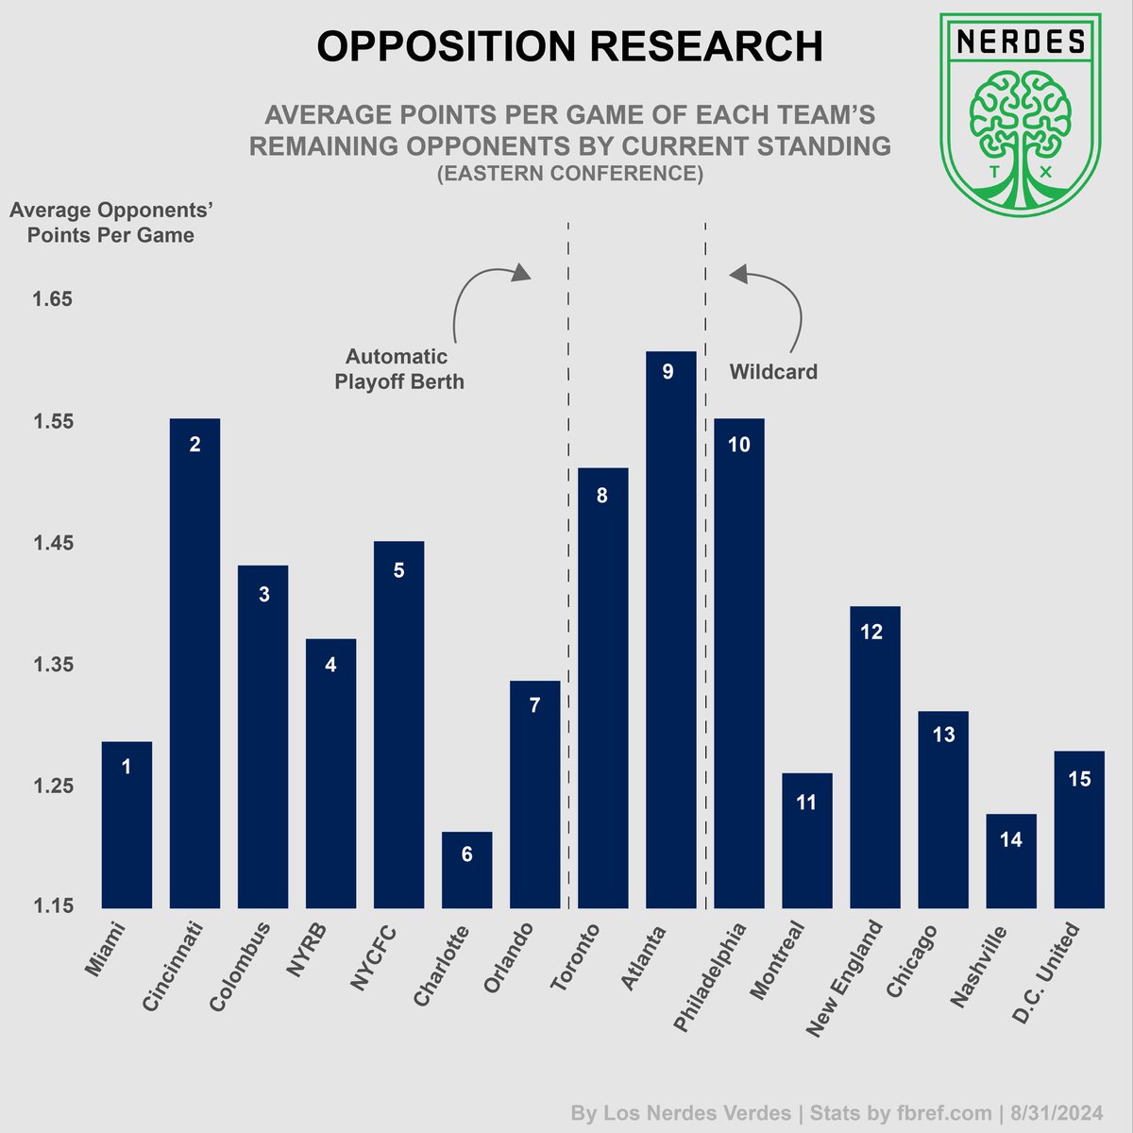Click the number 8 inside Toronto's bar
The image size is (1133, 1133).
(x=602, y=496)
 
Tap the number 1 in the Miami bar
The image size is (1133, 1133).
(x=127, y=768)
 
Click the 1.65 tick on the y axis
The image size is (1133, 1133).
(x=53, y=299)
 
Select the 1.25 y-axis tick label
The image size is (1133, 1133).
(x=53, y=786)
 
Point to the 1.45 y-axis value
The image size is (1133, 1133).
(x=53, y=543)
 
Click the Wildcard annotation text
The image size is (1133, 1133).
(x=773, y=372)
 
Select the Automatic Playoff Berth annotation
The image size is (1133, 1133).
(x=398, y=369)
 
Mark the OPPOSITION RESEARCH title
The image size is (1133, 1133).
(x=569, y=46)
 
